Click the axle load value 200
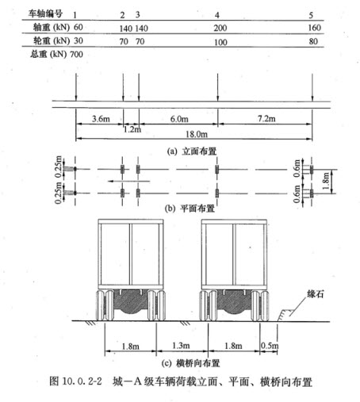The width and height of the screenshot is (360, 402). [x=220, y=28]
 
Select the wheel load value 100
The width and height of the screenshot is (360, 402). [x=220, y=42]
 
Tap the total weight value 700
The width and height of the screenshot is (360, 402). [x=76, y=55]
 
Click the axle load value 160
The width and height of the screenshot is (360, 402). [x=315, y=28]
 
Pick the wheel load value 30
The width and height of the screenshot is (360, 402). [x=79, y=40]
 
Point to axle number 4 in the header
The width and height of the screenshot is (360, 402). [x=217, y=15]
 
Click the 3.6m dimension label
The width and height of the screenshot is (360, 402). [x=101, y=119]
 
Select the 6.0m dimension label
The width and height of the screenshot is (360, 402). [x=179, y=119]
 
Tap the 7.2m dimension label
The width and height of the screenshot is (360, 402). [x=266, y=119]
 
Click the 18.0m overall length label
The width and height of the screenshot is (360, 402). [x=197, y=134]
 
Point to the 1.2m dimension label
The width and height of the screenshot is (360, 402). [x=132, y=129]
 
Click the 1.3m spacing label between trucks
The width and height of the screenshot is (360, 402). [x=181, y=346]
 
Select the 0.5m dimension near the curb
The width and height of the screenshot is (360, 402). [x=270, y=346]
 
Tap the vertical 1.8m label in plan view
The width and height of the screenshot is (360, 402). [x=327, y=181]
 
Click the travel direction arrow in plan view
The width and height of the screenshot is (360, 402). [x=129, y=181]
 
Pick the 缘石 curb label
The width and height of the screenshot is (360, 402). [x=316, y=294]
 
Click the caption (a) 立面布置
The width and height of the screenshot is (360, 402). [x=192, y=151]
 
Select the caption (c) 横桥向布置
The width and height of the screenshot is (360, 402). [x=190, y=363]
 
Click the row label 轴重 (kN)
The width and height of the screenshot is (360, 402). [x=52, y=27]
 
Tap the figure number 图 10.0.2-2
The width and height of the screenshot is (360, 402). [x=76, y=381]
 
